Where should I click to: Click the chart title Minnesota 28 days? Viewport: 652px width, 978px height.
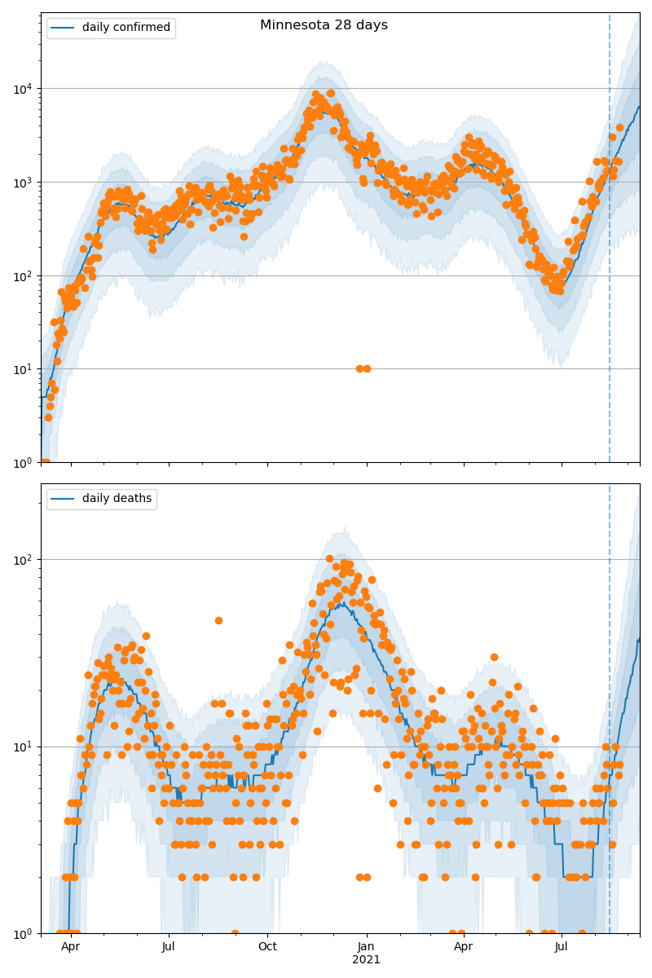tap(324, 25)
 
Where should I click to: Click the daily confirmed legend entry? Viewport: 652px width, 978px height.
tap(126, 28)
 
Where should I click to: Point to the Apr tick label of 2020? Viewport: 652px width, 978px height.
tap(71, 947)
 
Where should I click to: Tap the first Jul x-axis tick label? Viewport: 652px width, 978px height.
tap(169, 947)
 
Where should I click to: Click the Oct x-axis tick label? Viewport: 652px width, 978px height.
tap(267, 947)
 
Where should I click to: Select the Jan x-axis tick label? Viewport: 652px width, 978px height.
tap(367, 947)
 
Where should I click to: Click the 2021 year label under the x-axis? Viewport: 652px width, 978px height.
tap(367, 960)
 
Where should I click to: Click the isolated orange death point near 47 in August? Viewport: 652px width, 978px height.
tap(218, 620)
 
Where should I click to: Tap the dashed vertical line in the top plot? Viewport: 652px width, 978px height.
tap(610, 244)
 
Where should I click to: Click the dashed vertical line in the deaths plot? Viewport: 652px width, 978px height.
tap(610, 693)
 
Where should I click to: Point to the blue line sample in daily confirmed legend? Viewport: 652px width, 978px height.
tap(63, 28)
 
